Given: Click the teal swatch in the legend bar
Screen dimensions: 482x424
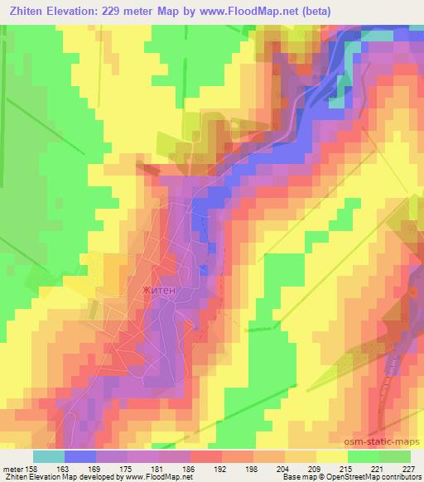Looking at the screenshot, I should click(49, 456).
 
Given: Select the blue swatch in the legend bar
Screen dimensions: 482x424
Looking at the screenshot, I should click(80, 456).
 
